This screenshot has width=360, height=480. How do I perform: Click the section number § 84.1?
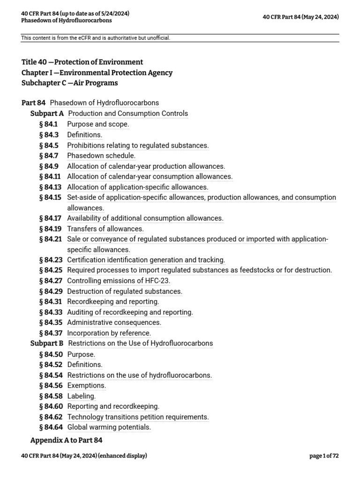(x=48, y=124)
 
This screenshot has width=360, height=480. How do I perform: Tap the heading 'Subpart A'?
(x=47, y=113)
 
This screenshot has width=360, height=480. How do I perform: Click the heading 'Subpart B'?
(x=47, y=343)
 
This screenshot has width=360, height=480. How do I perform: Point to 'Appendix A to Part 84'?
(x=66, y=440)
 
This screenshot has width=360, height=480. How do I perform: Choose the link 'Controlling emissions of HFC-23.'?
(x=119, y=281)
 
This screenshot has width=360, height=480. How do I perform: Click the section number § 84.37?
(x=51, y=333)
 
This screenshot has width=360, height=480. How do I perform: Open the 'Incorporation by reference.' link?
(x=109, y=333)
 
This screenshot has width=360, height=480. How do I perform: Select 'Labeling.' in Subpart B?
(x=82, y=396)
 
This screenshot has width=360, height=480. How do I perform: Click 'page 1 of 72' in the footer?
(x=324, y=456)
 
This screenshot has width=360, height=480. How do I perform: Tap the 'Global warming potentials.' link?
(x=109, y=427)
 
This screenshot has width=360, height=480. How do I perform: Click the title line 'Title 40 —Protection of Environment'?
(x=82, y=62)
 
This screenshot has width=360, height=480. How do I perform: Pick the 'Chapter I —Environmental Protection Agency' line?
(x=97, y=73)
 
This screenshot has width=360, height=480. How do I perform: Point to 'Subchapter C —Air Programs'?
(x=69, y=83)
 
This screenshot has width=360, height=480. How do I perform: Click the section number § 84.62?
(x=51, y=417)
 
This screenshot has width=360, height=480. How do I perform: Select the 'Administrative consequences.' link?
(x=114, y=322)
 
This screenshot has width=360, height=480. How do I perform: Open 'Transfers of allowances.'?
(x=105, y=229)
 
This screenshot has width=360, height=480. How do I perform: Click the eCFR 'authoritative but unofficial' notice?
(x=96, y=38)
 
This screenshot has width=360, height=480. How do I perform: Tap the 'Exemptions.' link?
(x=87, y=385)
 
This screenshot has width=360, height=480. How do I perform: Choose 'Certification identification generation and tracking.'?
(x=146, y=260)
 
